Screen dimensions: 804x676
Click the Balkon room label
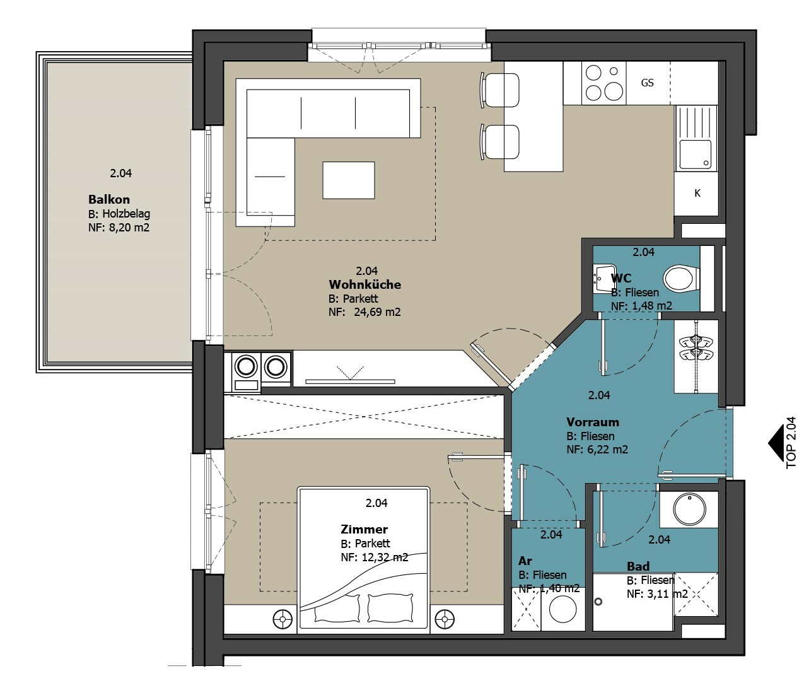pyautogui.click(x=109, y=199)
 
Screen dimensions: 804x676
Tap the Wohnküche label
pyautogui.click(x=365, y=284)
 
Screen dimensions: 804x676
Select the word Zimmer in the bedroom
pyautogui.click(x=364, y=529)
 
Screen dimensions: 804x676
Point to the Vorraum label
pyautogui.click(x=593, y=422)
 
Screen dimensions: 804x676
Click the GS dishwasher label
pyautogui.click(x=647, y=83)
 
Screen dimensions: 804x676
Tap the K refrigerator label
pyautogui.click(x=697, y=194)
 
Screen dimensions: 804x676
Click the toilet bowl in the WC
pyautogui.click(x=681, y=278)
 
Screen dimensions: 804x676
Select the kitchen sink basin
pyautogui.click(x=696, y=154)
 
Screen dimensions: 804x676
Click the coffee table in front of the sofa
pyautogui.click(x=349, y=180)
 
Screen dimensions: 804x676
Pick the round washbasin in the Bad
pyautogui.click(x=690, y=510)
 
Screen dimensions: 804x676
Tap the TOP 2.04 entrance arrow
pyautogui.click(x=776, y=443)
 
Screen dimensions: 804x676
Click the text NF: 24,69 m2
pyautogui.click(x=364, y=312)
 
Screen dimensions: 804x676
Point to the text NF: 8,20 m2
pyautogui.click(x=119, y=227)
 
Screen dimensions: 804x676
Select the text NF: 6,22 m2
pyautogui.click(x=597, y=449)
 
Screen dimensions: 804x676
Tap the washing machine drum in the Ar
pyautogui.click(x=563, y=609)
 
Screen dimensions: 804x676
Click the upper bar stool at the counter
pyautogui.click(x=500, y=90)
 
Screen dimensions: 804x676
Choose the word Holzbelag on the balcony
pyautogui.click(x=126, y=213)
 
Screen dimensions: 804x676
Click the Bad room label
pyautogui.click(x=638, y=566)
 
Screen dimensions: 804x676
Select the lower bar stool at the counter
pyautogui.click(x=500, y=142)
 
